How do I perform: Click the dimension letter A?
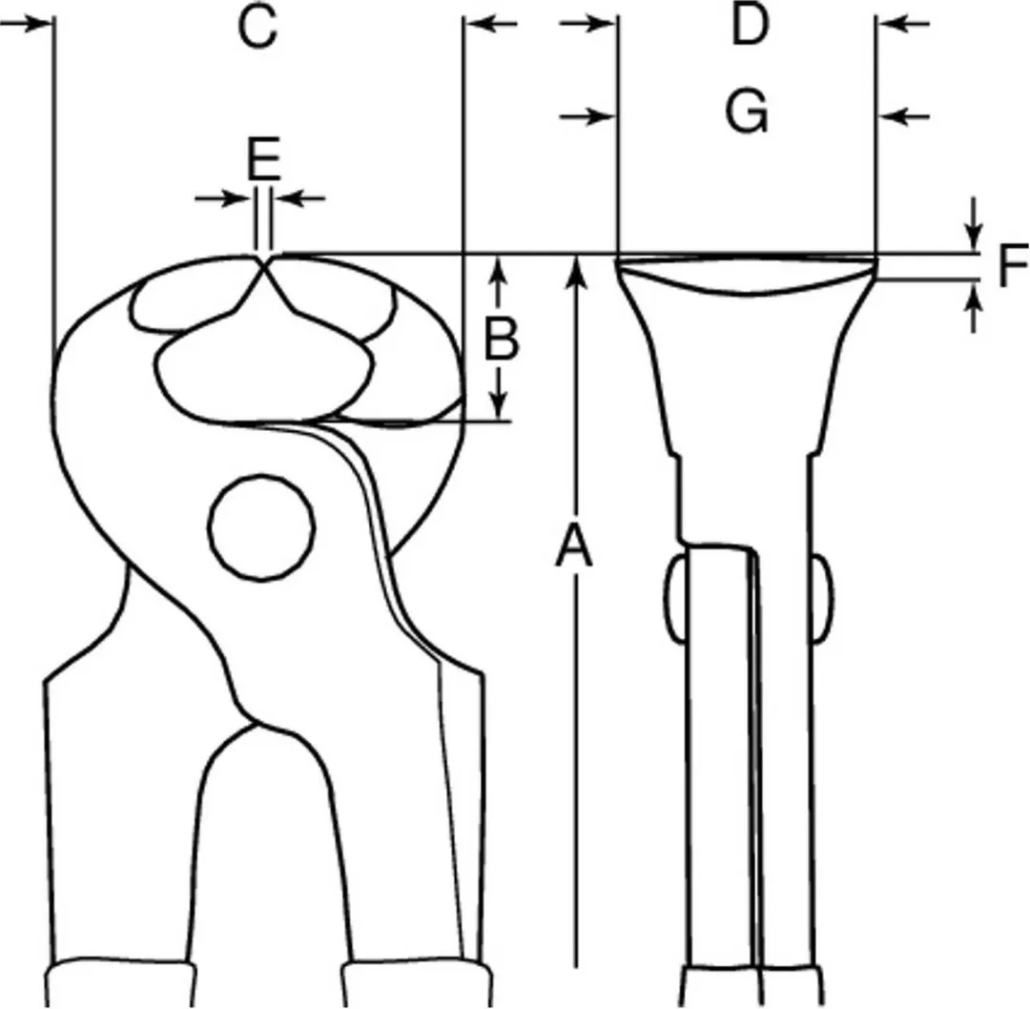[574, 546]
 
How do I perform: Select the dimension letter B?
[502, 339]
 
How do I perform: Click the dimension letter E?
[264, 158]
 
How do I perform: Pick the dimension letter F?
[1013, 265]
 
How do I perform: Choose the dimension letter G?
[747, 112]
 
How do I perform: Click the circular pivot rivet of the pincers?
[261, 527]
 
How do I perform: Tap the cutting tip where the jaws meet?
[263, 262]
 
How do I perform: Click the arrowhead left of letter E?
[237, 197]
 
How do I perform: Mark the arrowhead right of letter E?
[290, 197]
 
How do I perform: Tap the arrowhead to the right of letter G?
[895, 117]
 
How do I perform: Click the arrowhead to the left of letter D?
[599, 24]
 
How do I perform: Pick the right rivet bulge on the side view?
[822, 598]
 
